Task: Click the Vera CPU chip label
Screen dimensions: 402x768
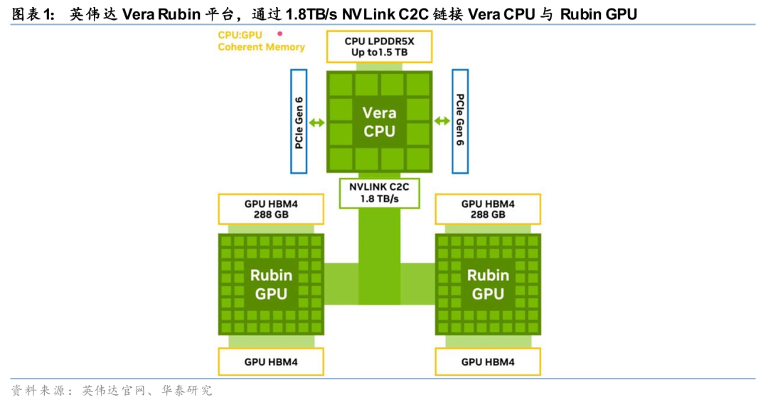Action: click(x=379, y=122)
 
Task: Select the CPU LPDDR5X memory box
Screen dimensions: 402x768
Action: click(x=379, y=46)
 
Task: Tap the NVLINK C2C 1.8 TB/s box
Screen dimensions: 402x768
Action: click(x=379, y=192)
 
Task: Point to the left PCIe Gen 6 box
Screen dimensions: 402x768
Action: click(x=299, y=122)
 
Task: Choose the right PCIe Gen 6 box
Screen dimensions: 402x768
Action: click(x=460, y=122)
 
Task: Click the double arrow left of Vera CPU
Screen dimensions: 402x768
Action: click(x=317, y=122)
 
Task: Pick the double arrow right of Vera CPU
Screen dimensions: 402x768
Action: click(x=442, y=122)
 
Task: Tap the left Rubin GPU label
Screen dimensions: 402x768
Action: click(x=270, y=283)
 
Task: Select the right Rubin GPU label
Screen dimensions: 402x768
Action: click(x=488, y=283)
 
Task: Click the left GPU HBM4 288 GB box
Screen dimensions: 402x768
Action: click(x=270, y=209)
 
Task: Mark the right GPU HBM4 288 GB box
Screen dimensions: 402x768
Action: click(x=488, y=209)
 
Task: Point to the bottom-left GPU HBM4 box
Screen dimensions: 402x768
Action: click(x=270, y=361)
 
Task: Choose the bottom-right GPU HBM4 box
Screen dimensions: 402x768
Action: click(x=488, y=361)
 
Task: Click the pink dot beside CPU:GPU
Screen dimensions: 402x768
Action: click(x=280, y=33)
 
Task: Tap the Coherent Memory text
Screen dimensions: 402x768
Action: click(x=261, y=47)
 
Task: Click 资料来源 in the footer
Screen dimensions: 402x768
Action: click(x=37, y=390)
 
